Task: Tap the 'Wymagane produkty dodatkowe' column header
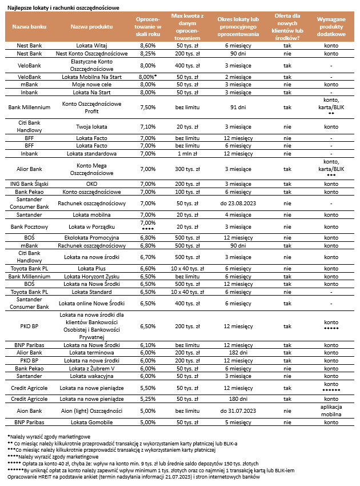point(331,26)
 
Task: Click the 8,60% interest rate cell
point(147,45)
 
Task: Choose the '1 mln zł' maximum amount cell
point(187,153)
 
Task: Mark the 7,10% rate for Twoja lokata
point(147,127)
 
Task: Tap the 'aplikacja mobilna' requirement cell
point(331,410)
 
